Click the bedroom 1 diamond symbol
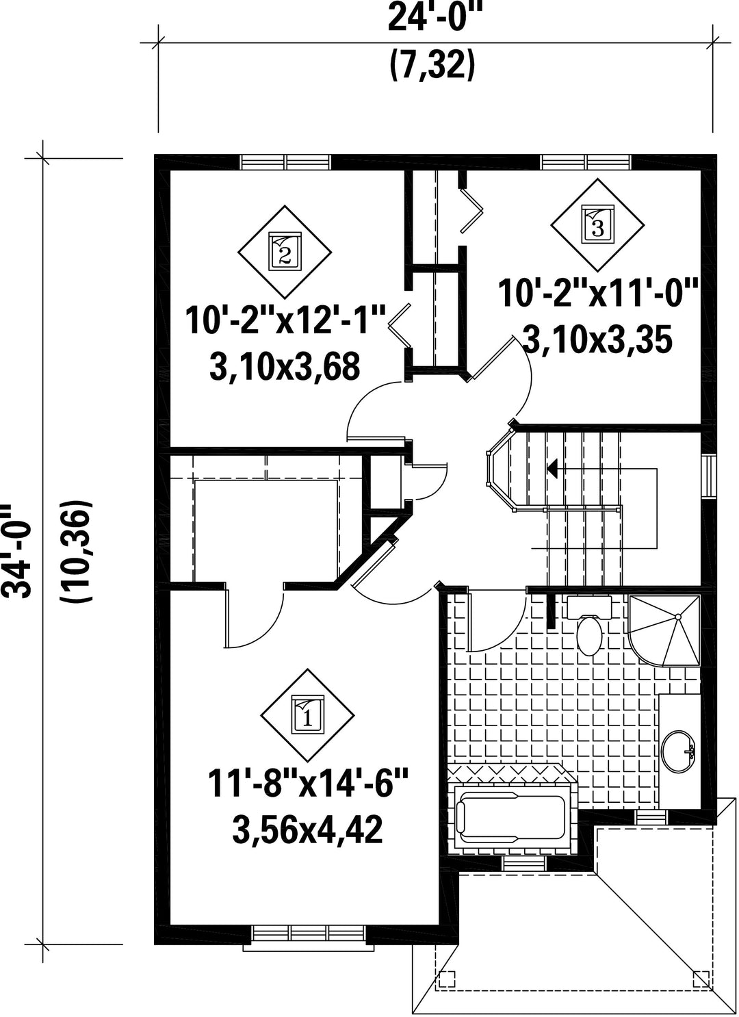point(307,716)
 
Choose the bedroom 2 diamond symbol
point(285,252)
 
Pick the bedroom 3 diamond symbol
point(597,224)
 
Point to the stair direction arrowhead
point(552,468)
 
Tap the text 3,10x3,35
point(597,339)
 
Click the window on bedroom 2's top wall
point(285,162)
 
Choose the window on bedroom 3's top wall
point(586,162)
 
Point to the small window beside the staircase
point(709,477)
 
